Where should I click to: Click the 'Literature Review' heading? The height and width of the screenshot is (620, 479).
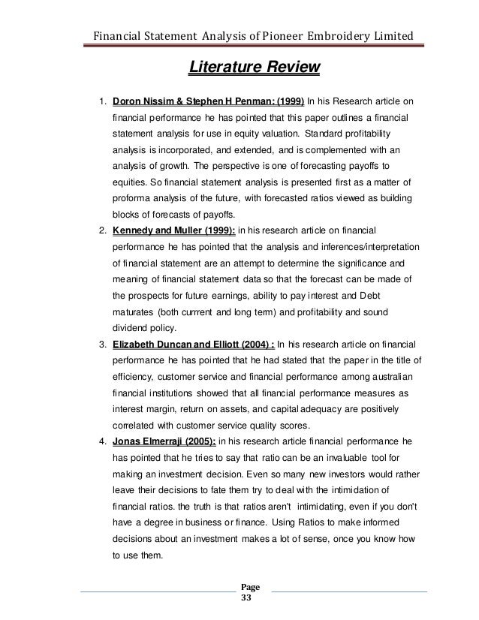click(x=255, y=69)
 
